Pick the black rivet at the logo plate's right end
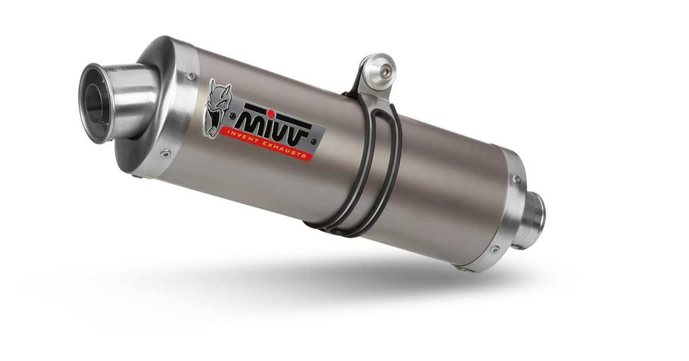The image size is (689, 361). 313,141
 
